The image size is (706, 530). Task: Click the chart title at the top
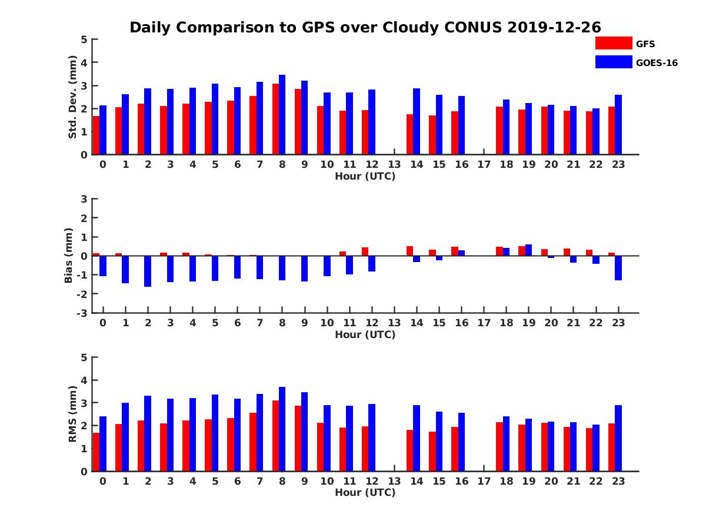point(365,28)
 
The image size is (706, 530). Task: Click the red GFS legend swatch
point(613,43)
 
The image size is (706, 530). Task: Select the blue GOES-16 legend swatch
point(613,62)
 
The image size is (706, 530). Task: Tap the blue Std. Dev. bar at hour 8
point(282,115)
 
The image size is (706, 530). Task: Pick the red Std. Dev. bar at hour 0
point(96,135)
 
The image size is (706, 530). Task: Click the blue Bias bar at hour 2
point(148,271)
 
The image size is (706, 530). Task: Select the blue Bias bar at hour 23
point(618,268)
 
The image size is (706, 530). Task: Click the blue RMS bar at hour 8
point(282,429)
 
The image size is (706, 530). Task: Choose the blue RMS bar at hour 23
point(618,438)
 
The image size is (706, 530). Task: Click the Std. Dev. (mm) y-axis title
point(73,97)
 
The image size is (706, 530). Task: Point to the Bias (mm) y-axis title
point(69,256)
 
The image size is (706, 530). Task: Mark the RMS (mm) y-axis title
point(73,414)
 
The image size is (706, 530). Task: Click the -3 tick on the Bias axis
point(84,313)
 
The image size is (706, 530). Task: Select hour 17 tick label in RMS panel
point(484,481)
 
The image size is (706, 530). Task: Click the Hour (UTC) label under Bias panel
point(365,334)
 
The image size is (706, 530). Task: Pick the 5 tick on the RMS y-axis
point(85,357)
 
